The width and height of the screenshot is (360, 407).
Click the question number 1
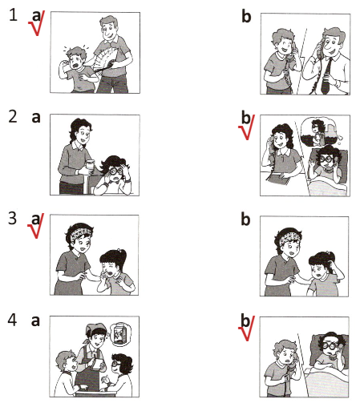(x=13, y=15)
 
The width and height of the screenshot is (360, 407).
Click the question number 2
(x=13, y=117)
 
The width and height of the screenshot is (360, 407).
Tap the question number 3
(x=13, y=218)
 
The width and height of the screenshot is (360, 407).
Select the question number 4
(x=12, y=320)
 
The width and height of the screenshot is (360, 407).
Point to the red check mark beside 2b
(x=246, y=127)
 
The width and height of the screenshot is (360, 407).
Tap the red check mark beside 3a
(x=36, y=226)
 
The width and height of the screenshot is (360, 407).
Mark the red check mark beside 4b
(x=246, y=328)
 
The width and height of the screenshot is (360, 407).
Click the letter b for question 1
(x=246, y=16)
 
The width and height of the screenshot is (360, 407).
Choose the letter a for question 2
(x=36, y=118)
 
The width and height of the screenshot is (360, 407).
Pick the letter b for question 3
(x=245, y=220)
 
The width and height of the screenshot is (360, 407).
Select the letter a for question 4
(x=35, y=320)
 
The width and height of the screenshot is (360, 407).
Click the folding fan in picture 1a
(x=104, y=61)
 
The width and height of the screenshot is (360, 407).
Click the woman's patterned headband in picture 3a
(x=79, y=232)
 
